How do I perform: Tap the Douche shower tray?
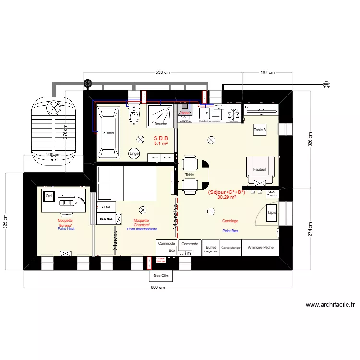tap(161, 117)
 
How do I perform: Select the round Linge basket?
tap(134, 153)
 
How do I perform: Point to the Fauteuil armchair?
tap(260, 169)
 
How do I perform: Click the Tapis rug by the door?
tap(272, 212)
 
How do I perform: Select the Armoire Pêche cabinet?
tap(261, 247)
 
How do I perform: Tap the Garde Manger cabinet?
tap(231, 248)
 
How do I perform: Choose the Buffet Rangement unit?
tap(211, 248)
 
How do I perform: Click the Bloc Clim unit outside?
tap(161, 276)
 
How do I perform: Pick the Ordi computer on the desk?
tap(48, 196)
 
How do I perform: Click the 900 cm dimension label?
tap(158, 288)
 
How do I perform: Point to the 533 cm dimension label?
tap(163, 73)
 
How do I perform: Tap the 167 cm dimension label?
tap(267, 73)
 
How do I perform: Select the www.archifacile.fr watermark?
tap(330, 304)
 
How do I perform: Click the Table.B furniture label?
tap(260, 130)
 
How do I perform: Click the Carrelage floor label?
tap(230, 221)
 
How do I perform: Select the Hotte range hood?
tap(185, 113)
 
